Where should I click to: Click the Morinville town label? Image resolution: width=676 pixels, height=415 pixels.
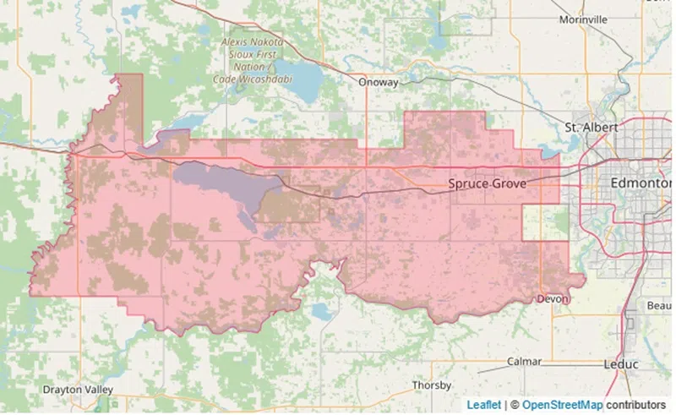583,19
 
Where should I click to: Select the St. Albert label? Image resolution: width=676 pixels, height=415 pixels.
591,128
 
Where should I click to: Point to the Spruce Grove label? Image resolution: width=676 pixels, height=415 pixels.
487,183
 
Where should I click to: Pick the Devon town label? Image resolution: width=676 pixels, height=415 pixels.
553,299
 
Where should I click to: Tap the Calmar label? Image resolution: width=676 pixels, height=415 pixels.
524,361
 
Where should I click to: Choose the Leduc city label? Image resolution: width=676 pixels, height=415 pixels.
621,364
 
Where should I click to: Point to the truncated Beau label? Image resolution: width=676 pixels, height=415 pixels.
658,304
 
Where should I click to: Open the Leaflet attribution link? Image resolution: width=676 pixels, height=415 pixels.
483,405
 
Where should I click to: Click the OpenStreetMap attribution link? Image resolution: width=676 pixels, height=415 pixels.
565,405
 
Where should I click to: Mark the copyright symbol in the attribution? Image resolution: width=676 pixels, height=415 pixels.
514,405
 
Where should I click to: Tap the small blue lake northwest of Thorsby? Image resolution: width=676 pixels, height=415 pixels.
322,311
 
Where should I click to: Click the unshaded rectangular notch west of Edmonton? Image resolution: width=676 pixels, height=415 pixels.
541,222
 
